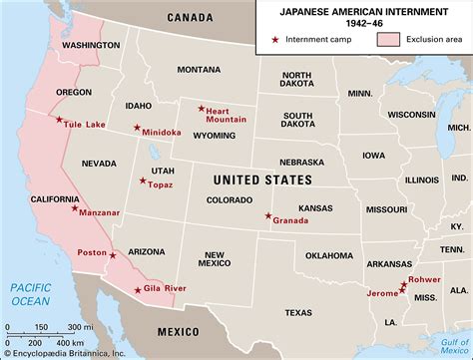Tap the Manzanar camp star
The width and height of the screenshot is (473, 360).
point(75,209)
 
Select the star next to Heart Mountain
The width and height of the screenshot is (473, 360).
point(202,109)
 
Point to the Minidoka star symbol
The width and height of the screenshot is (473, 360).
point(137,127)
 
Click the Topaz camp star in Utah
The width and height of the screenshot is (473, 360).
point(143,180)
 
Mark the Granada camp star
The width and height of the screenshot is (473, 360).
point(267,216)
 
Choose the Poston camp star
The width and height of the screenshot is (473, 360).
point(113,254)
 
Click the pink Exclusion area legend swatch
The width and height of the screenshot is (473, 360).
point(388,41)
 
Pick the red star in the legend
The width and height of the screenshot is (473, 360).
point(275,41)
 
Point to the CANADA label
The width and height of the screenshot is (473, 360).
point(196,17)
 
